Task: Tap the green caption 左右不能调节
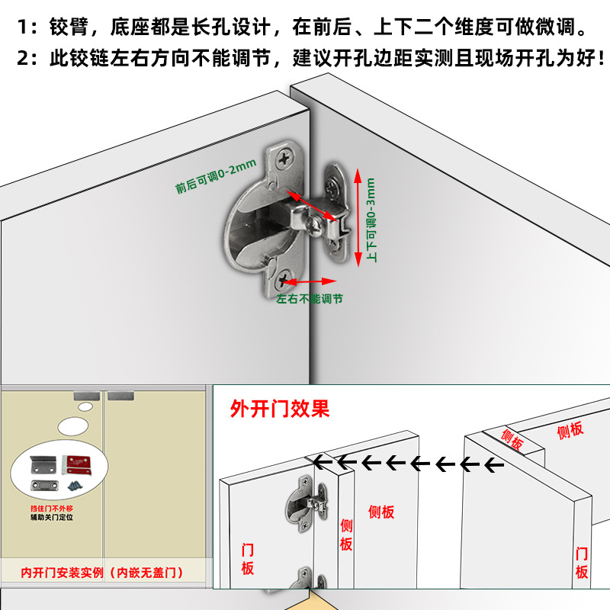pos(310,298)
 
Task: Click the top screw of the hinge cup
pos(286,158)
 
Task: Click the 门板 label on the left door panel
pos(247,559)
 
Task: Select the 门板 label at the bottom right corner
pos(582,562)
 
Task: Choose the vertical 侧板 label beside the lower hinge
pos(346,535)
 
